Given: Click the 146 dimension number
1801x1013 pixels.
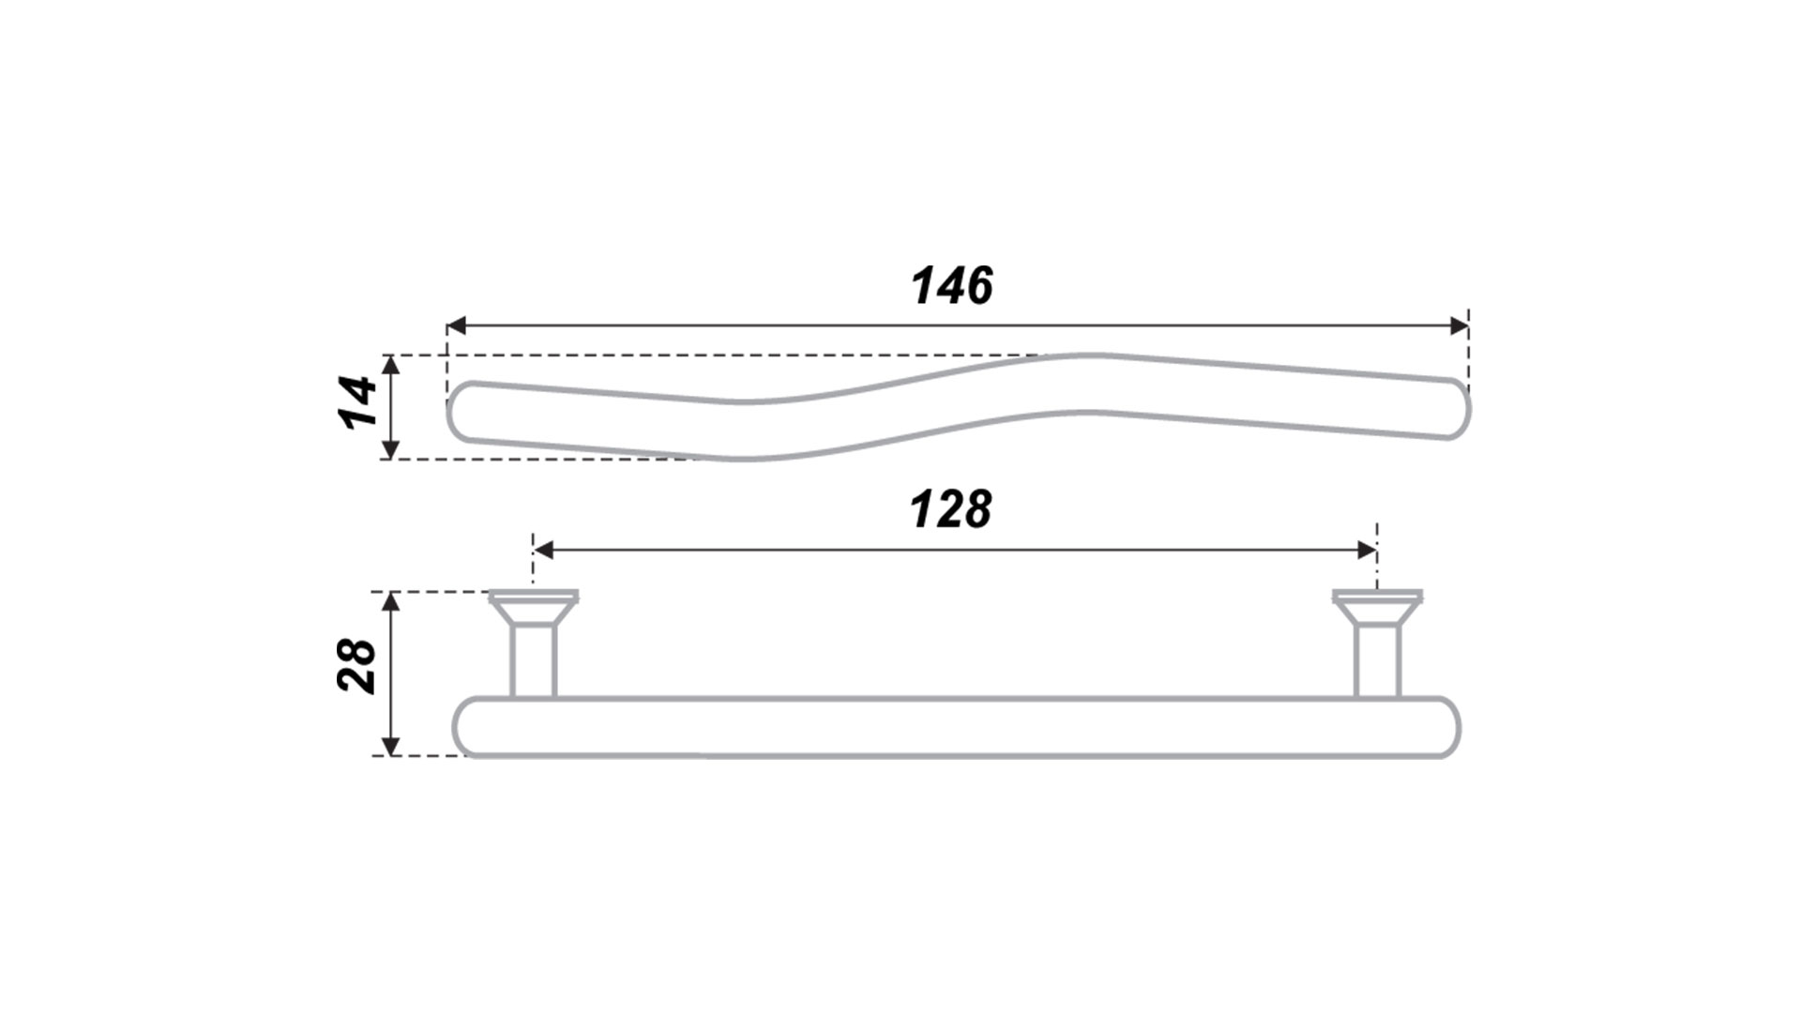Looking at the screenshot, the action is point(952,285).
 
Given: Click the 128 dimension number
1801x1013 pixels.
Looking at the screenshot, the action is point(950,509).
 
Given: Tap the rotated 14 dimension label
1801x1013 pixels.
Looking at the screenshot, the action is point(357,401).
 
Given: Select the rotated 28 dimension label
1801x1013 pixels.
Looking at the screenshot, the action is point(356,666).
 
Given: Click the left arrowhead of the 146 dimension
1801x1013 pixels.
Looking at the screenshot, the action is point(456,325).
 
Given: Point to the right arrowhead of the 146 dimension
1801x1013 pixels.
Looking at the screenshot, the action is point(1459,325).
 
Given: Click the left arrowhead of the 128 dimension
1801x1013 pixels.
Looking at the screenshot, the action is point(543,550).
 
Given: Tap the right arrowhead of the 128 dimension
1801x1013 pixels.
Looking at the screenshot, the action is point(1367,550).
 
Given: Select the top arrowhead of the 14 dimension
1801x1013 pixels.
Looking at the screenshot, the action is point(392,366).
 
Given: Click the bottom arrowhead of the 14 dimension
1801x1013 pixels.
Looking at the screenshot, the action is point(392,449).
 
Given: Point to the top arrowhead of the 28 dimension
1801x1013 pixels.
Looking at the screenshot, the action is point(392,602).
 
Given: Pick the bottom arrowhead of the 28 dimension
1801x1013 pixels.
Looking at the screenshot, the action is point(392,746).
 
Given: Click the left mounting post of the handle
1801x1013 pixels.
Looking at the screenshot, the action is point(534,662).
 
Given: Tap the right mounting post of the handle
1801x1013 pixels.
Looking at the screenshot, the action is point(1378,662).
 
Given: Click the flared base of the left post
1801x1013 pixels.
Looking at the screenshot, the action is point(534,608).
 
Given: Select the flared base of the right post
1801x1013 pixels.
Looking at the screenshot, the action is point(1378,608).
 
